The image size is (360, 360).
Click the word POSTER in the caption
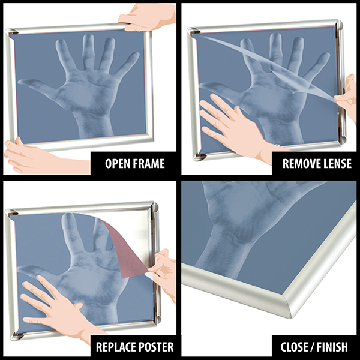click(156, 346)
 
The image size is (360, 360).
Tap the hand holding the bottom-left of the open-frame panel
click(24, 155)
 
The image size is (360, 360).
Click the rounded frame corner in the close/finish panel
click(306, 303)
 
